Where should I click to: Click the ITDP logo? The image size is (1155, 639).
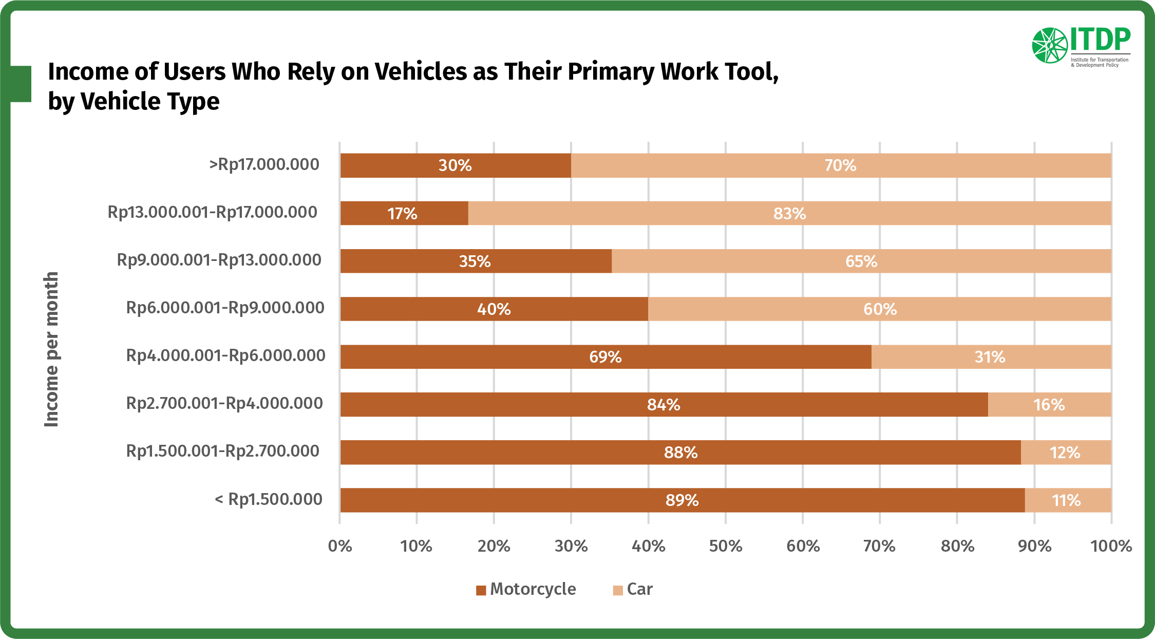pyautogui.click(x=1081, y=46)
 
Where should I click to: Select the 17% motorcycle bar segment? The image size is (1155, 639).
pyautogui.click(x=404, y=213)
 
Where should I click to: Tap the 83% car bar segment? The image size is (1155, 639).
pyautogui.click(x=789, y=213)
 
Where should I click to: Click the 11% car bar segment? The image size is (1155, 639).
pyautogui.click(x=1068, y=500)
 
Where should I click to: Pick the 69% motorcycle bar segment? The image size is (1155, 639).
pyautogui.click(x=605, y=356)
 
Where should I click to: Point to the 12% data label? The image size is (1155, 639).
pyautogui.click(x=1065, y=453)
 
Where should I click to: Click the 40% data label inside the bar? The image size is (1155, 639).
pyautogui.click(x=494, y=309)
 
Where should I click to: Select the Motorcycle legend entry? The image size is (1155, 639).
pyautogui.click(x=526, y=589)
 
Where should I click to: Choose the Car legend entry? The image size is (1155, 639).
pyautogui.click(x=633, y=589)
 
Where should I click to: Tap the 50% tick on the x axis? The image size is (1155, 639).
pyautogui.click(x=725, y=546)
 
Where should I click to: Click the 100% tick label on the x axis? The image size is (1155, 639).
pyautogui.click(x=1111, y=546)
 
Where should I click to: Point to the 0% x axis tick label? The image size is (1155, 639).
pyautogui.click(x=340, y=546)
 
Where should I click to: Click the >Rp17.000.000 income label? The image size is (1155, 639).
pyautogui.click(x=264, y=165)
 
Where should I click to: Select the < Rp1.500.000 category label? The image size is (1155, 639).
pyautogui.click(x=268, y=499)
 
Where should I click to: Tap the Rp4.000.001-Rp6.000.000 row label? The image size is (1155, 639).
pyautogui.click(x=225, y=355)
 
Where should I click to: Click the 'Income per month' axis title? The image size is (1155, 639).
pyautogui.click(x=51, y=349)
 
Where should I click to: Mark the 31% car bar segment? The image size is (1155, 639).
pyautogui.click(x=991, y=356)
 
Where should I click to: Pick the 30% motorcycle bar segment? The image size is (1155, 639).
pyautogui.click(x=455, y=165)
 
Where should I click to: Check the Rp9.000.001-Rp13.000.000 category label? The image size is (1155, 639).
pyautogui.click(x=219, y=260)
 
